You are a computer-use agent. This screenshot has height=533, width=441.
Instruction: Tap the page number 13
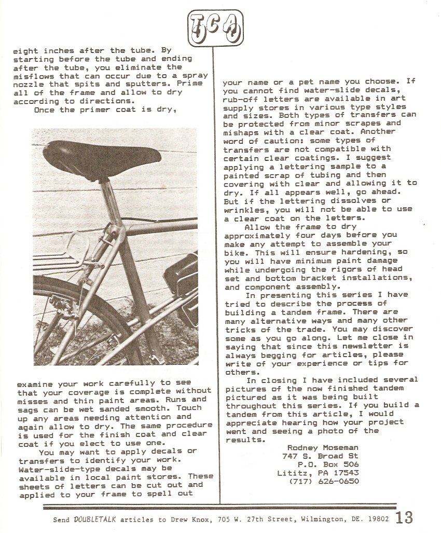[405, 518]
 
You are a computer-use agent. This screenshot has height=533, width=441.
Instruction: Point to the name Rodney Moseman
[322, 448]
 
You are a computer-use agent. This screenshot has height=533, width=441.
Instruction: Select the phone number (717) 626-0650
[323, 481]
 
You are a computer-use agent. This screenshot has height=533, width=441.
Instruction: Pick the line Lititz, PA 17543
[318, 473]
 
